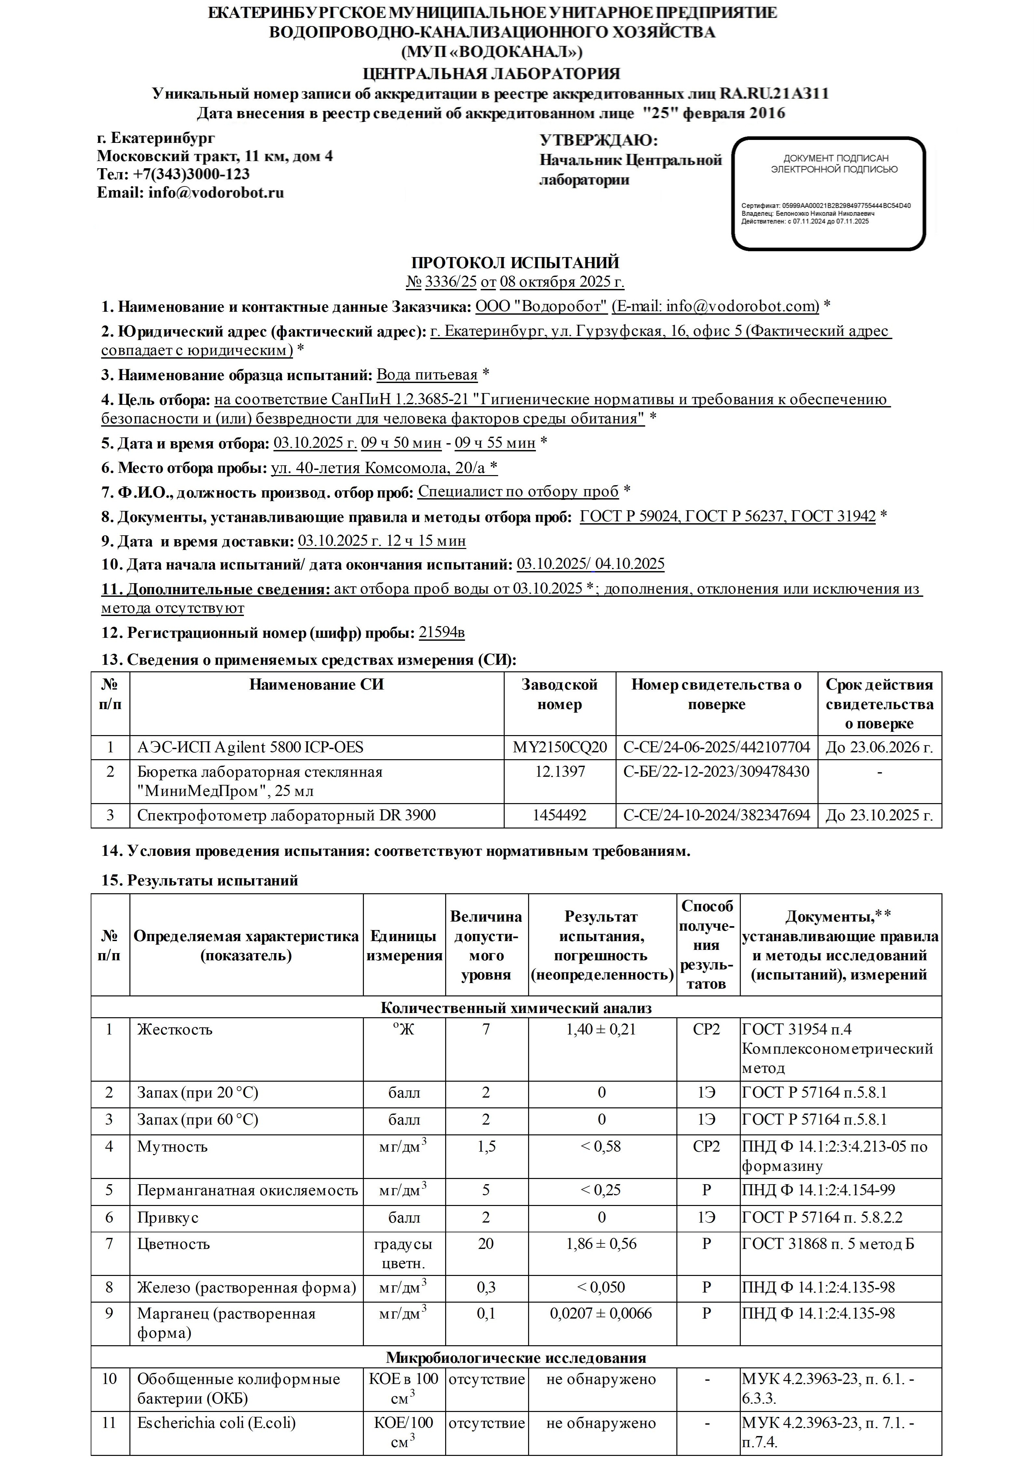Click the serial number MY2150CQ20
click(x=559, y=747)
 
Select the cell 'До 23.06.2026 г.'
click(x=879, y=747)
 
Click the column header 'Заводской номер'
click(x=559, y=694)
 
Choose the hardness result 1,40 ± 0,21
click(x=601, y=1029)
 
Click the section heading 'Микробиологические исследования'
click(x=515, y=1357)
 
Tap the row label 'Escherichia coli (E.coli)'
click(x=216, y=1423)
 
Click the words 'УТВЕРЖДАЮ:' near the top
click(x=598, y=140)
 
